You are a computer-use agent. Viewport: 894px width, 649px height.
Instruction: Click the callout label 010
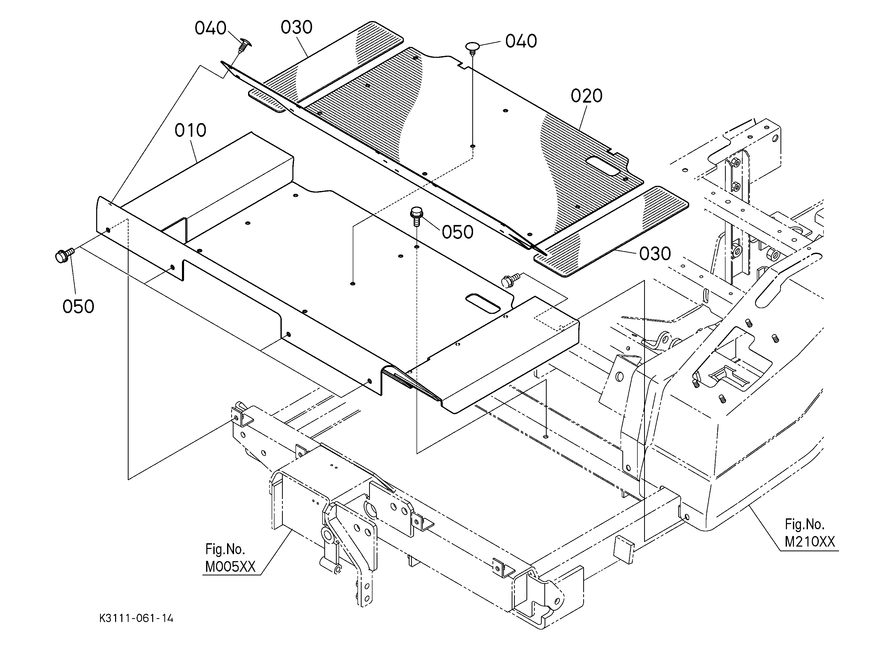pos(191,130)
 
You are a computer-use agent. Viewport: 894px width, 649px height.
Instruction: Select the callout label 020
pos(587,96)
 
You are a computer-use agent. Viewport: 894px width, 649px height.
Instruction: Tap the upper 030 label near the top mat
pos(297,27)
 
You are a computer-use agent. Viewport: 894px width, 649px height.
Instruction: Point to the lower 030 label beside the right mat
pos(655,254)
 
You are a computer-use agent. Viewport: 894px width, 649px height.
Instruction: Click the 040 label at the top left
pos(210,28)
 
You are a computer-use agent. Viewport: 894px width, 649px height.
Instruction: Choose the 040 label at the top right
pos(521,41)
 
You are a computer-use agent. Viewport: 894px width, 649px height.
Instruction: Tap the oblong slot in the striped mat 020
pos(603,166)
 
